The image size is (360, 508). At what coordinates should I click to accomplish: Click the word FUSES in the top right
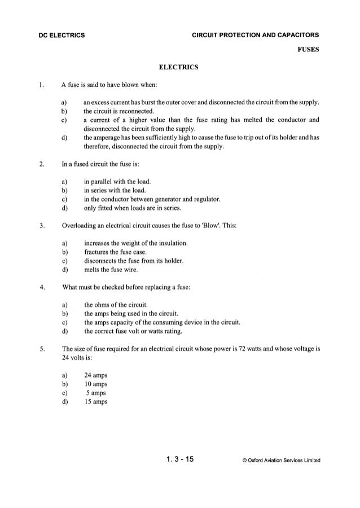(x=309, y=49)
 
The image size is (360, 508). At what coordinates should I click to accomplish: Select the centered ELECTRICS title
(x=179, y=68)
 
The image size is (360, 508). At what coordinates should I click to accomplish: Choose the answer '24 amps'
(x=95, y=375)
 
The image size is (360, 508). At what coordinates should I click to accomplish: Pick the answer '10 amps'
(x=95, y=384)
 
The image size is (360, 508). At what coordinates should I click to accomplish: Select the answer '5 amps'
(x=96, y=393)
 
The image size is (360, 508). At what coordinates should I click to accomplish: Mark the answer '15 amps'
(x=95, y=402)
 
